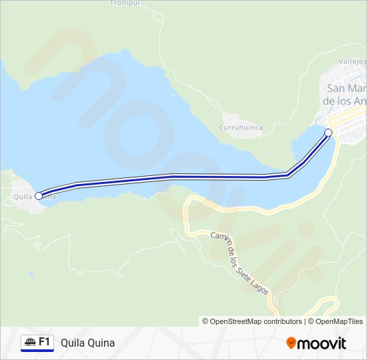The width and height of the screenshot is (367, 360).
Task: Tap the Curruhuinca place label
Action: [x=241, y=127]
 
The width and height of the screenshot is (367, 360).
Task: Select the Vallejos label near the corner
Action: [x=352, y=61]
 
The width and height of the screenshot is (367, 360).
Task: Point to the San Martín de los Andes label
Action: [x=344, y=94]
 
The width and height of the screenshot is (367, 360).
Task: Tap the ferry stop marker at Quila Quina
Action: [x=39, y=195]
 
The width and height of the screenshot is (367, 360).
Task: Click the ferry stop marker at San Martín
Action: [x=328, y=133]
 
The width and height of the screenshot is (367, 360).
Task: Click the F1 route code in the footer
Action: [x=45, y=342]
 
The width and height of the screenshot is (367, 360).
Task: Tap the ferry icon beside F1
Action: [x=30, y=342]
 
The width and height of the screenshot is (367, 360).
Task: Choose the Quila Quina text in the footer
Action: [x=87, y=343]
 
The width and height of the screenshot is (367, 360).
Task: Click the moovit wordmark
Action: [x=322, y=343]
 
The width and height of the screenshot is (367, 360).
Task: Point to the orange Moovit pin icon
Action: [x=291, y=343]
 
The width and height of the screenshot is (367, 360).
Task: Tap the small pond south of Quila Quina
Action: [x=30, y=273]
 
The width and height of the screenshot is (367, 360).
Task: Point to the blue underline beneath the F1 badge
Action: [x=37, y=351]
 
